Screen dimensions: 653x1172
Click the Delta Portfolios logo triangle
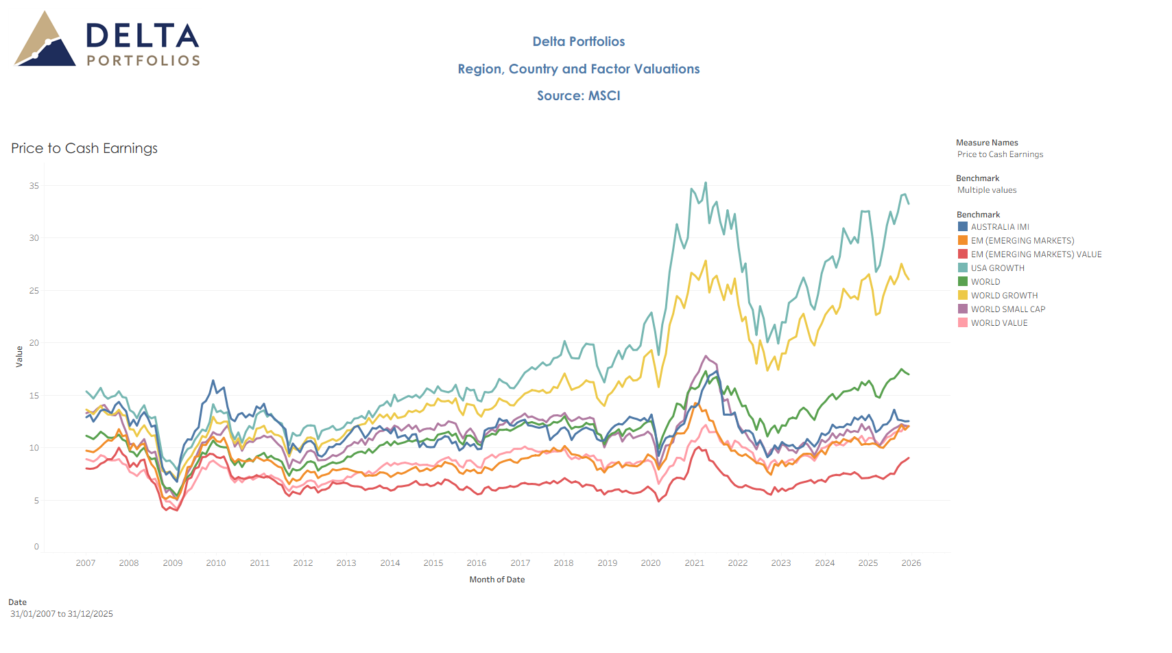pyautogui.click(x=45, y=41)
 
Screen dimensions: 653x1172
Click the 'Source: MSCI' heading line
pyautogui.click(x=578, y=96)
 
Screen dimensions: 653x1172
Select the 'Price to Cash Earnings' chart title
pyautogui.click(x=84, y=148)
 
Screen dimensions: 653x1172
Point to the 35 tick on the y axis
pyautogui.click(x=34, y=186)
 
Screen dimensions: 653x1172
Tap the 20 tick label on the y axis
pyautogui.click(x=34, y=343)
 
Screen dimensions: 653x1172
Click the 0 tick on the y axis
pyautogui.click(x=36, y=547)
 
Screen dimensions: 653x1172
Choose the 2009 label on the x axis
pyautogui.click(x=173, y=563)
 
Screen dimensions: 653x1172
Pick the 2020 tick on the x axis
pyautogui.click(x=651, y=563)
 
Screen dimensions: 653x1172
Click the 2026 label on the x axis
pyautogui.click(x=911, y=563)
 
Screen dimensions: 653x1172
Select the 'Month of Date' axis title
pyautogui.click(x=497, y=580)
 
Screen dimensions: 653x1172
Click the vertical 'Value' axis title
pyautogui.click(x=19, y=357)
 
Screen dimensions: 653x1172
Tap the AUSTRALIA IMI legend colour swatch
pyautogui.click(x=963, y=227)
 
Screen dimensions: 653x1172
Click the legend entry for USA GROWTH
pyautogui.click(x=997, y=268)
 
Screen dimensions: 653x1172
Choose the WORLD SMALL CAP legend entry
pyautogui.click(x=1007, y=309)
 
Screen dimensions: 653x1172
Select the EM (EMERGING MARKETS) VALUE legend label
pyautogui.click(x=1036, y=254)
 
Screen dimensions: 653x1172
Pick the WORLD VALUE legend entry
pyautogui.click(x=998, y=323)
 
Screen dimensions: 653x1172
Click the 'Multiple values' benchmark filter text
pyautogui.click(x=987, y=190)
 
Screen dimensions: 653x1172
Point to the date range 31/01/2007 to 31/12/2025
pyautogui.click(x=62, y=614)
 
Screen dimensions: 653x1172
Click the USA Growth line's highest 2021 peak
pyautogui.click(x=706, y=183)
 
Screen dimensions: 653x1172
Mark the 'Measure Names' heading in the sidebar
pyautogui.click(x=987, y=143)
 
